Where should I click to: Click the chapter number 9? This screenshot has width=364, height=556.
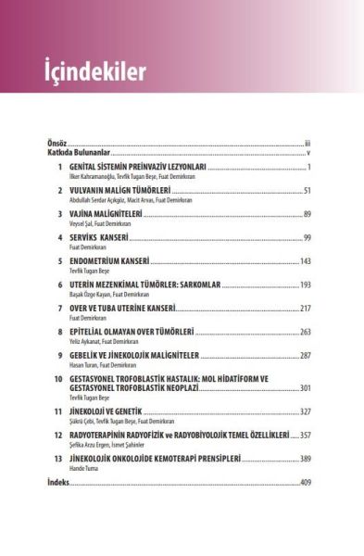[x=60, y=355]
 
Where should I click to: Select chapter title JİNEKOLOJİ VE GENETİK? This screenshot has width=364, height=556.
[x=113, y=411]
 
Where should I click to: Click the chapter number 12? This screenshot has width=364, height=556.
[x=58, y=434]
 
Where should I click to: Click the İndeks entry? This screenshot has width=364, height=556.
[x=58, y=482]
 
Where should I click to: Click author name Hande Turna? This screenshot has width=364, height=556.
[x=87, y=468]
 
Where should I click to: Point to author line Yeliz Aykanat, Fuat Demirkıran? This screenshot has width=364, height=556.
[x=112, y=342]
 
